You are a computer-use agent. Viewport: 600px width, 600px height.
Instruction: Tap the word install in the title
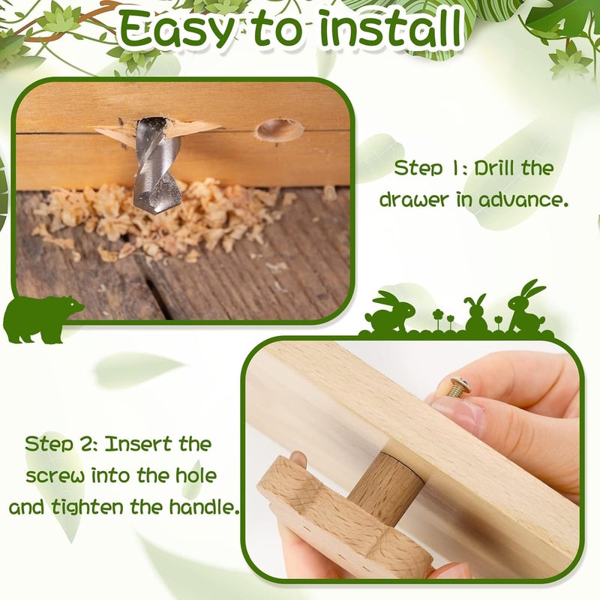click(x=390, y=28)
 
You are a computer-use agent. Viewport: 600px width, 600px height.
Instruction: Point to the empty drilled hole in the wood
click(x=279, y=130)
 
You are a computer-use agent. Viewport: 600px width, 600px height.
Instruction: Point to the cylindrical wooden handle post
click(x=386, y=484)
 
